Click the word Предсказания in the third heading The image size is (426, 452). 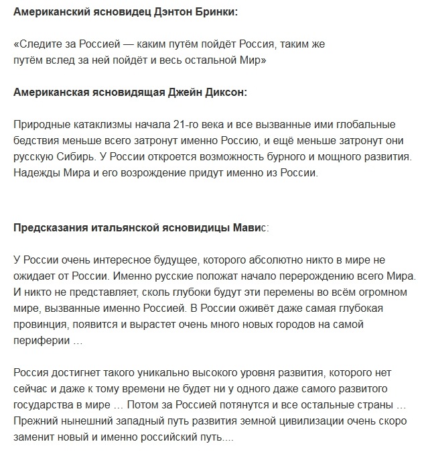tap(46, 228)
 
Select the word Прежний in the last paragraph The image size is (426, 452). tap(35, 420)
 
